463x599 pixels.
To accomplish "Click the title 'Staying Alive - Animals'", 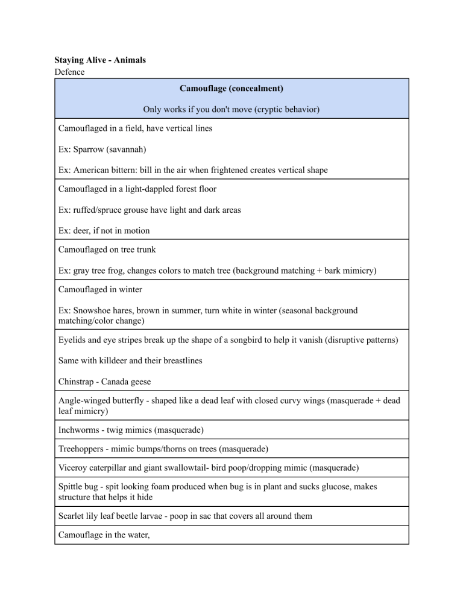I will [x=100, y=60].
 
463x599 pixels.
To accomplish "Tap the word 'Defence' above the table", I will [x=71, y=72].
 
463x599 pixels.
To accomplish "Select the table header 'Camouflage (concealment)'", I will [x=231, y=89].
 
